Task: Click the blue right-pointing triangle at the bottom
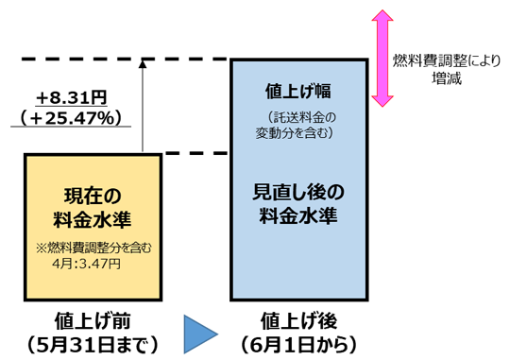pyautogui.click(x=198, y=334)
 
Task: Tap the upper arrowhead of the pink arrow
pyautogui.click(x=382, y=18)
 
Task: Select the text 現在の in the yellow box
pyautogui.click(x=93, y=197)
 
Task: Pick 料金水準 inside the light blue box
pyautogui.click(x=298, y=215)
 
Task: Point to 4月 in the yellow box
pyautogui.click(x=64, y=264)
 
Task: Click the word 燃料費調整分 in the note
pyautogui.click(x=80, y=249)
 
